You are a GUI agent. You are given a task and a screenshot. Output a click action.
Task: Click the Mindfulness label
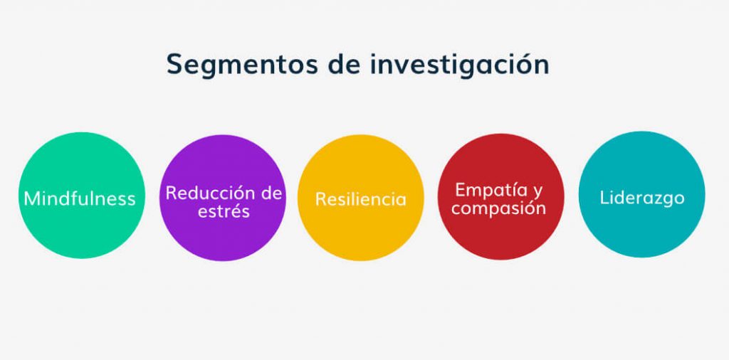click(80, 198)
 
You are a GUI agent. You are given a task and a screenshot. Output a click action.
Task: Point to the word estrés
click(222, 211)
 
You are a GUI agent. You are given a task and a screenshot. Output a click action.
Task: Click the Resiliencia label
click(361, 198)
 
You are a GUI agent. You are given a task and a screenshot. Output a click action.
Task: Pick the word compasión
click(499, 208)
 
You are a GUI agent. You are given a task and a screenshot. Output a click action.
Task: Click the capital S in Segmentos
click(174, 63)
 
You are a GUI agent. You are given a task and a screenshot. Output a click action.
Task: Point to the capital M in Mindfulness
click(32, 198)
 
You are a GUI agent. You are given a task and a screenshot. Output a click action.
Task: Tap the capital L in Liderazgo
click(604, 197)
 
